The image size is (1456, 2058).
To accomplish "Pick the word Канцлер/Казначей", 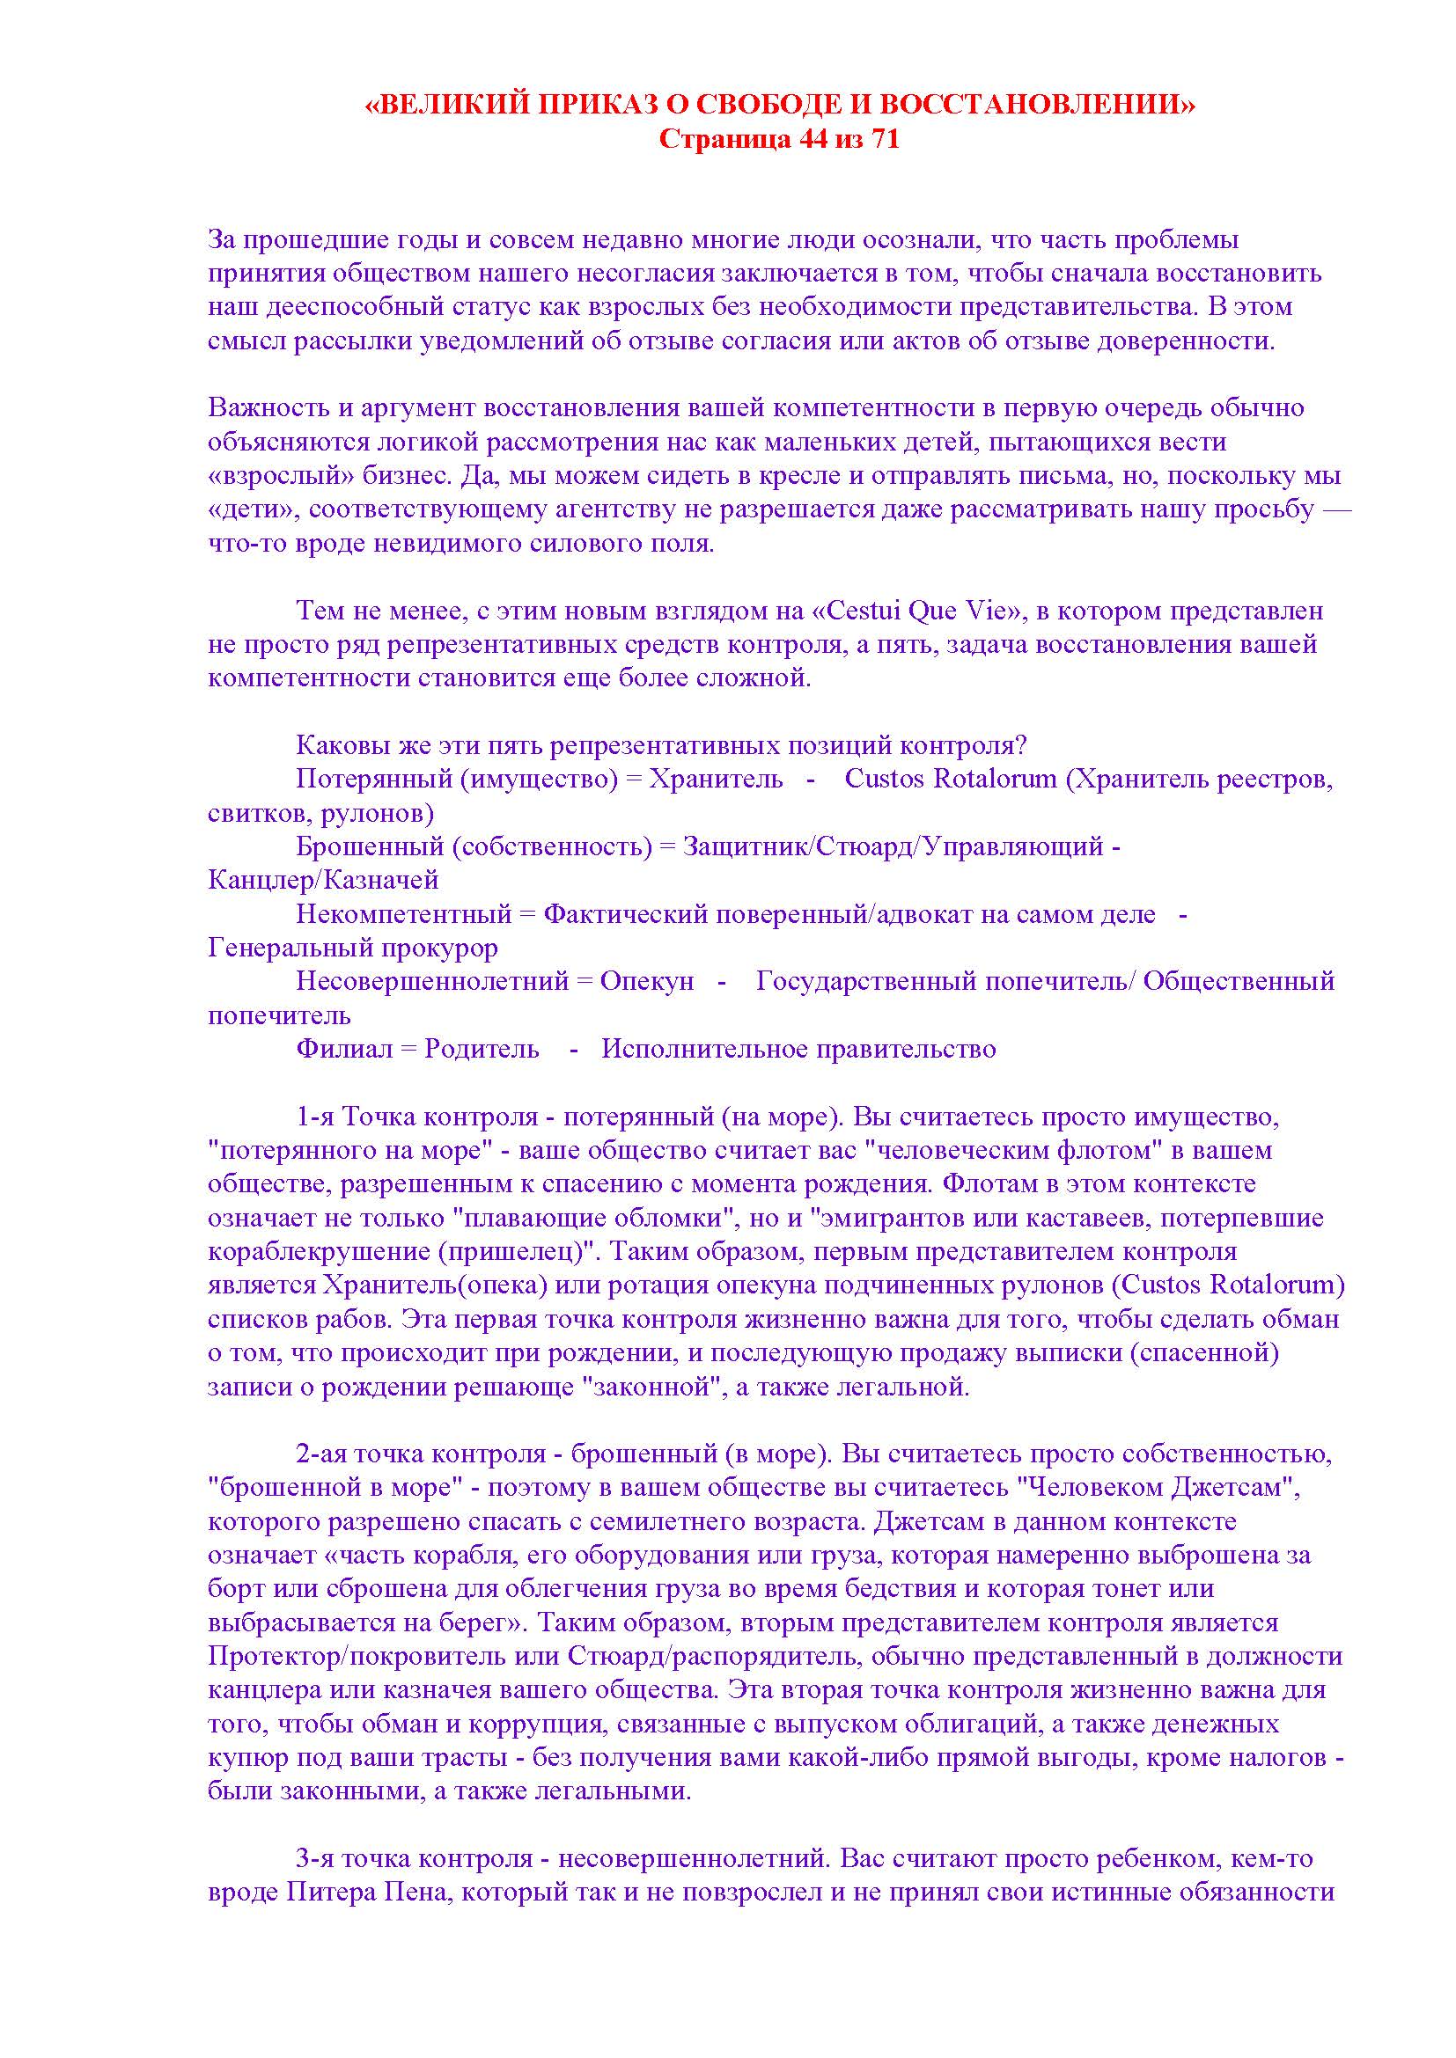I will [x=323, y=880].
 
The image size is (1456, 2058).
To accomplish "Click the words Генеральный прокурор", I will [x=352, y=948].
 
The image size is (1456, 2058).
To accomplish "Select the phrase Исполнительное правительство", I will [x=798, y=1049].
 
